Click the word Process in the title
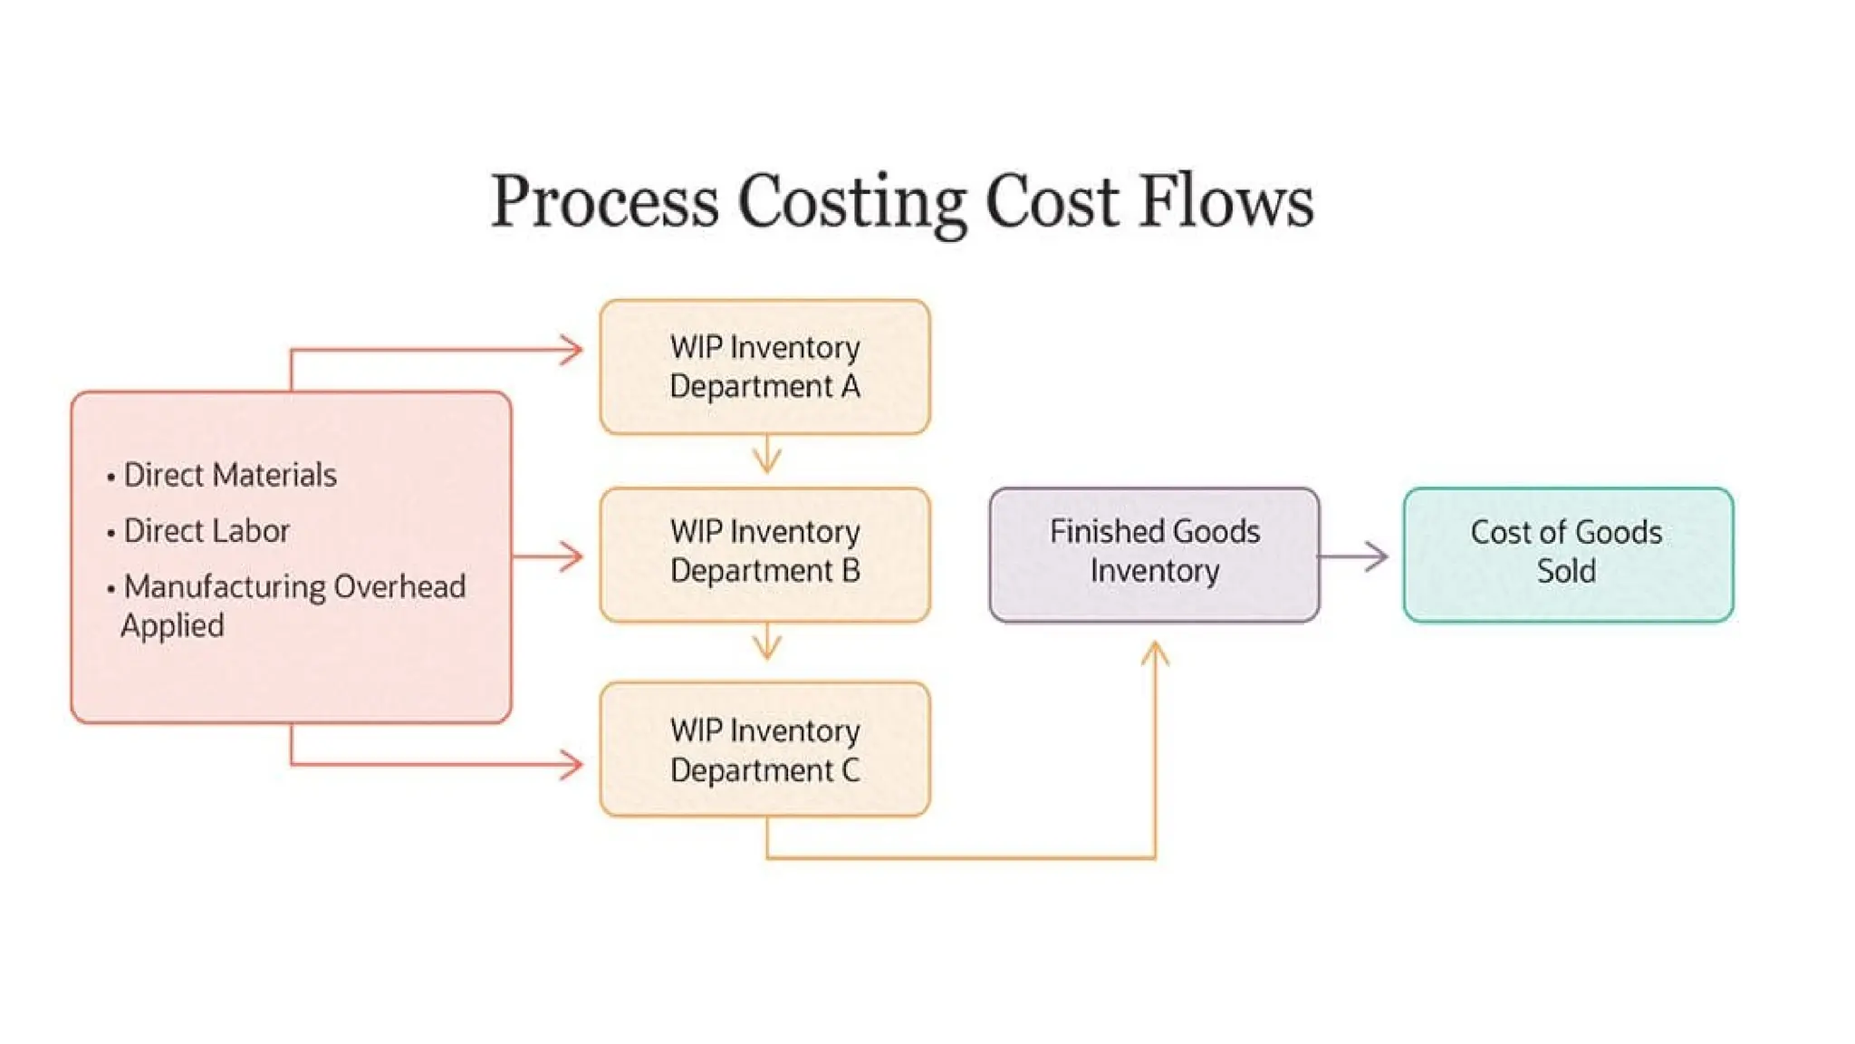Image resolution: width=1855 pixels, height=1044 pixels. (x=604, y=201)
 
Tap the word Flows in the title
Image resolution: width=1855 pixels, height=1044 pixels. (x=1225, y=201)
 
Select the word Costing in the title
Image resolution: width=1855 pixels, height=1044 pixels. (x=852, y=201)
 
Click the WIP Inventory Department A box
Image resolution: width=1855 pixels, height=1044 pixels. (x=764, y=367)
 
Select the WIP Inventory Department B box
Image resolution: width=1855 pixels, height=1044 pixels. (x=764, y=554)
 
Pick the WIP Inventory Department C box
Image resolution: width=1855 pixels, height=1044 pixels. (x=764, y=749)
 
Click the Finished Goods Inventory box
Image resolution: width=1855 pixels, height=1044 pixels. (x=1154, y=554)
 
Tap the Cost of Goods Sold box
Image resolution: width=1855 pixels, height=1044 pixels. (x=1568, y=554)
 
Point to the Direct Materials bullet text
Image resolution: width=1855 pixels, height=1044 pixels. (x=229, y=475)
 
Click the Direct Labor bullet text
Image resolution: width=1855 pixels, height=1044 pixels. (x=207, y=531)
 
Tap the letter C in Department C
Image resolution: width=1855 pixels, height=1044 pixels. (x=850, y=770)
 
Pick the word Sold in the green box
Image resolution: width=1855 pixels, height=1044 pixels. (x=1566, y=572)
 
